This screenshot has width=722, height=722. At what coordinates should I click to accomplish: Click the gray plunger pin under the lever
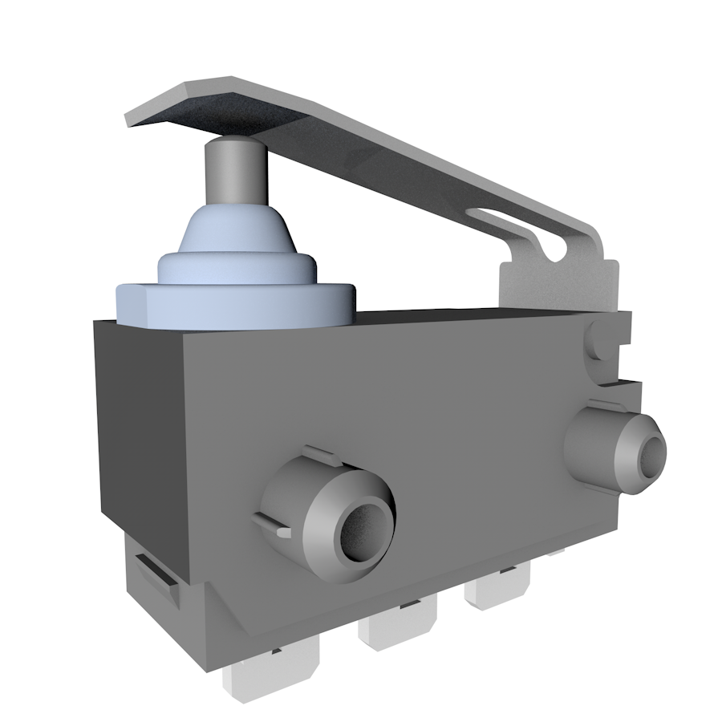point(233,172)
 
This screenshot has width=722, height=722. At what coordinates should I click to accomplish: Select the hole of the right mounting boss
point(651,454)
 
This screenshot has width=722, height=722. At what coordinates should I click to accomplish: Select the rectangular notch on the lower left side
point(156,574)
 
